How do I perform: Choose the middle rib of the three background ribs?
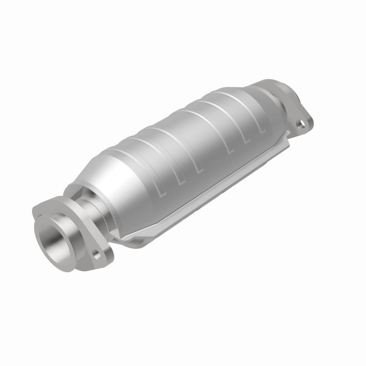(229, 112)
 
